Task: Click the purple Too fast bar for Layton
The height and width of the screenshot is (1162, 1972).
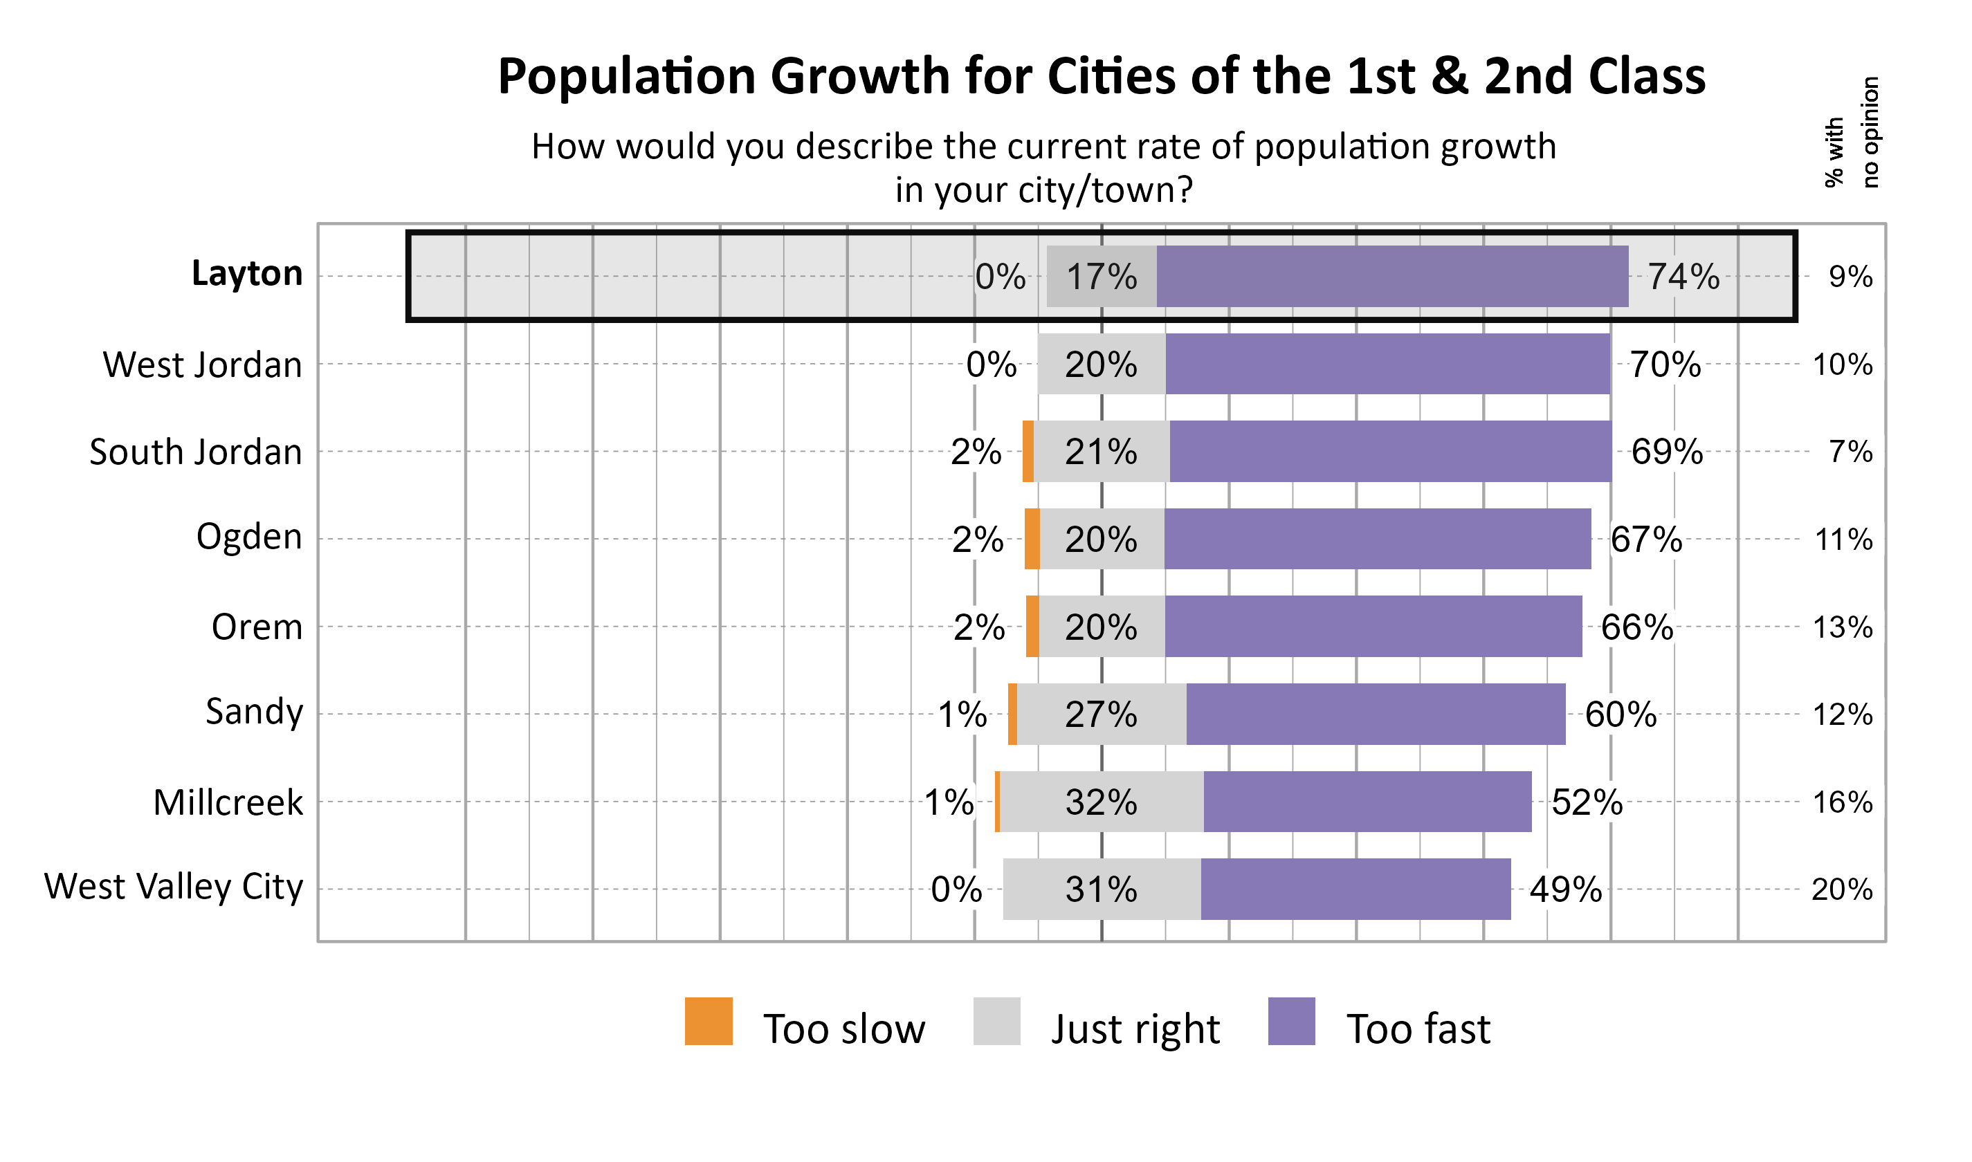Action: (x=1392, y=277)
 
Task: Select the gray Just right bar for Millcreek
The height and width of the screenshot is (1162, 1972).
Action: (x=1102, y=802)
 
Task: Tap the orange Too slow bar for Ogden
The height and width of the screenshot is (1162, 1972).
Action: (x=1032, y=539)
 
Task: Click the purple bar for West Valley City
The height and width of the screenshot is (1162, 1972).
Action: (x=1355, y=889)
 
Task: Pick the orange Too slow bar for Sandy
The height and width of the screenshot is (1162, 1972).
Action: (x=1012, y=714)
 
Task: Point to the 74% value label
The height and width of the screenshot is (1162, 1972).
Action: (x=1683, y=277)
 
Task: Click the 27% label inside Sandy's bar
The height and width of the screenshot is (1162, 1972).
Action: (x=1101, y=714)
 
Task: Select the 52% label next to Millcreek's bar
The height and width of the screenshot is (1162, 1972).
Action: (x=1587, y=802)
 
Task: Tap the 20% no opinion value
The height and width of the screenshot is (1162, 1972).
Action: (x=1842, y=889)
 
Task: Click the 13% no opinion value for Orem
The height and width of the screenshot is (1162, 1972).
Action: (x=1843, y=627)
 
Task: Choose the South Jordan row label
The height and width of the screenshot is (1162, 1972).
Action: (x=196, y=452)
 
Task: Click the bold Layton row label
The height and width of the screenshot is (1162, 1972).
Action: (x=247, y=273)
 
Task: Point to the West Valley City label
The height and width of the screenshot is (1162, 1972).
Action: (x=173, y=887)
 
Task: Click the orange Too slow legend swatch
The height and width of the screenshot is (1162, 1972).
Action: (x=709, y=1021)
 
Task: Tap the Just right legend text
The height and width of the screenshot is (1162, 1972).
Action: (x=1135, y=1029)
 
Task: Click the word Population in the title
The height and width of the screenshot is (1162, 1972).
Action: (x=626, y=77)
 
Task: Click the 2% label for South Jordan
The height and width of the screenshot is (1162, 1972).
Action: (x=976, y=452)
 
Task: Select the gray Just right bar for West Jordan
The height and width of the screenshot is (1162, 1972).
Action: (x=1101, y=364)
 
